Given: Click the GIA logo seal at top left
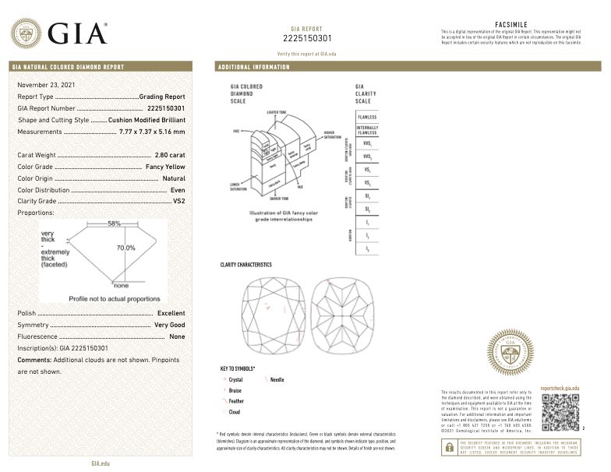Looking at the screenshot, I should pyautogui.click(x=26, y=33).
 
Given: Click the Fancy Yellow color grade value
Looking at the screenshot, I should pyautogui.click(x=165, y=167).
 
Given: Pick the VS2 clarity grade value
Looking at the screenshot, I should pyautogui.click(x=178, y=201).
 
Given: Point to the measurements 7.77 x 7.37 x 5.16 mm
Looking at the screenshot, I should pyautogui.click(x=152, y=132).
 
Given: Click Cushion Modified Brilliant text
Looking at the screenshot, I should pyautogui.click(x=147, y=120).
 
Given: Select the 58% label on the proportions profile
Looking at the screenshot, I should pyautogui.click(x=115, y=224).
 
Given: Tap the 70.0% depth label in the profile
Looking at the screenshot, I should pyautogui.click(x=125, y=248).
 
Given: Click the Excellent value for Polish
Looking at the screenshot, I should pyautogui.click(x=171, y=313).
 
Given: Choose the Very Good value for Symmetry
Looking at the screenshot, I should pyautogui.click(x=170, y=324).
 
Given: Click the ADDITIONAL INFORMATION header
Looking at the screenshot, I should pyautogui.click(x=254, y=67).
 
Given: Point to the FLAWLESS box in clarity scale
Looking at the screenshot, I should pyautogui.click(x=367, y=117).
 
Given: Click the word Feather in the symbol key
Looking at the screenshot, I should pyautogui.click(x=237, y=400).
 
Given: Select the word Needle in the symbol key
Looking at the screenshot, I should pyautogui.click(x=277, y=379).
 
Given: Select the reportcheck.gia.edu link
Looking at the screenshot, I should pyautogui.click(x=560, y=387).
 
